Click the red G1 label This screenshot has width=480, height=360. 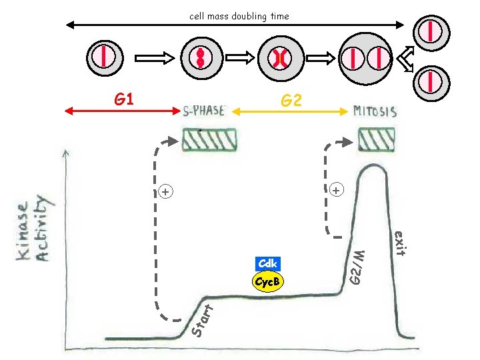125,100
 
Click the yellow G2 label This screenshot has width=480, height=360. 291,101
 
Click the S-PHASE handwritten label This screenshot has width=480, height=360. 204,111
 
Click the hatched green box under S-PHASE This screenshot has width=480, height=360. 209,140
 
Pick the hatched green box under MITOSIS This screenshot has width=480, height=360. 378,140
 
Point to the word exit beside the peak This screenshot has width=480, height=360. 399,243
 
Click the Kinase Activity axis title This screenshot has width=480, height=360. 34,229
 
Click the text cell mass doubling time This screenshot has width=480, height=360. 239,16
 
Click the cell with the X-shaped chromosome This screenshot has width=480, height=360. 279,59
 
